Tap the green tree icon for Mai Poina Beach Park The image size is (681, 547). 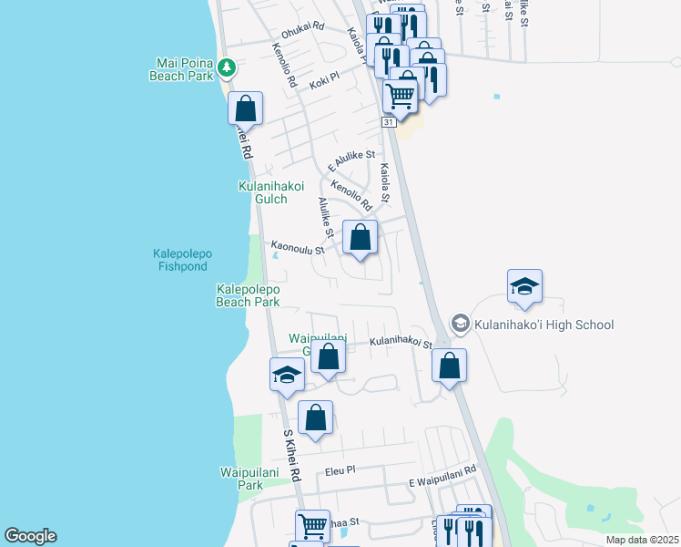(x=227, y=67)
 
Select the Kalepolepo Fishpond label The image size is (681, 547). (x=179, y=260)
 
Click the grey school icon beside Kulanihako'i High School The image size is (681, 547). (x=460, y=325)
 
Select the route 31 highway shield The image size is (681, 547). (x=388, y=121)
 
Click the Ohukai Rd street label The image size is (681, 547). (x=302, y=28)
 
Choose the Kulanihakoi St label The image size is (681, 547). (x=400, y=343)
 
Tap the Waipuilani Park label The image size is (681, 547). (x=241, y=479)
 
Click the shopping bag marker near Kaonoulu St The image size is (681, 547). (x=361, y=237)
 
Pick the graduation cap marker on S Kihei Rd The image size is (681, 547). (x=287, y=375)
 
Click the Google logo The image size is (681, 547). (x=30, y=536)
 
